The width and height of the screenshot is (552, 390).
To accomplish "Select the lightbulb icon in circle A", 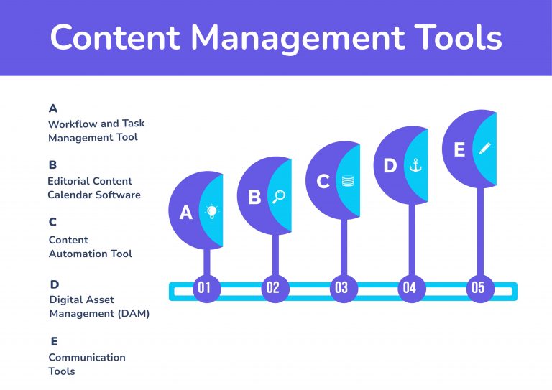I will click(211, 211).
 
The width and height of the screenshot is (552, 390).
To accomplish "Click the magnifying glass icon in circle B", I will click(279, 196).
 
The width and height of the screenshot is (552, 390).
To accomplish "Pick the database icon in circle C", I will click(348, 181).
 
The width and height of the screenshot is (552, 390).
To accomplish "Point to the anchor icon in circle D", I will click(415, 165).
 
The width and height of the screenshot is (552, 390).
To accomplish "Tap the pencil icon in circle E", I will click(484, 149).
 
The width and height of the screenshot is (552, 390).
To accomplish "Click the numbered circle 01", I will click(205, 289).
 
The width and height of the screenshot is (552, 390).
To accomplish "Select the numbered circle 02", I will click(272, 289).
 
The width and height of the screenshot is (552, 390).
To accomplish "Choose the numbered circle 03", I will click(341, 289).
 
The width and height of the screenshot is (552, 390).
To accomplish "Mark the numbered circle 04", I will click(409, 289).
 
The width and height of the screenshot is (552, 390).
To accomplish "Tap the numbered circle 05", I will click(477, 289).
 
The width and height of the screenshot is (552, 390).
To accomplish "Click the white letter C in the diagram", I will click(323, 182).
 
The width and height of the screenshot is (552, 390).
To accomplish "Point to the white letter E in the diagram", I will click(459, 149).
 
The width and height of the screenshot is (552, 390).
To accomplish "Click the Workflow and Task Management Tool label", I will click(96, 130).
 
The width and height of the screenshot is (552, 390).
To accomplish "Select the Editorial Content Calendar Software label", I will click(93, 187).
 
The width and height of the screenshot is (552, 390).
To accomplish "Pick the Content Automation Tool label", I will click(90, 246).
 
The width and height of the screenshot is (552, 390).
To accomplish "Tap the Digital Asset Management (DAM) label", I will click(98, 306).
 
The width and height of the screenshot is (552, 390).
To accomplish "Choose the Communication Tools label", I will click(86, 364).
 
